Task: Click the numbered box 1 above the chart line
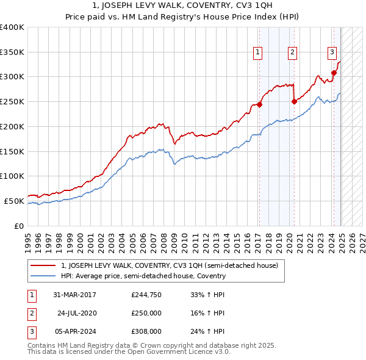click(x=258, y=53)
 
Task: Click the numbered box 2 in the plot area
click(x=293, y=53)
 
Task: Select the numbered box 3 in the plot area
click(x=332, y=53)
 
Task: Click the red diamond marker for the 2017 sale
click(x=259, y=104)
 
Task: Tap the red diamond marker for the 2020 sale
click(x=294, y=101)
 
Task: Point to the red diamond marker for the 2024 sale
click(x=334, y=73)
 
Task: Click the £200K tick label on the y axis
click(x=12, y=126)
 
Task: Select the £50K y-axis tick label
click(x=14, y=201)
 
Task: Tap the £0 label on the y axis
click(x=19, y=226)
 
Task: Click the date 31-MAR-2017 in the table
click(x=74, y=295)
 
